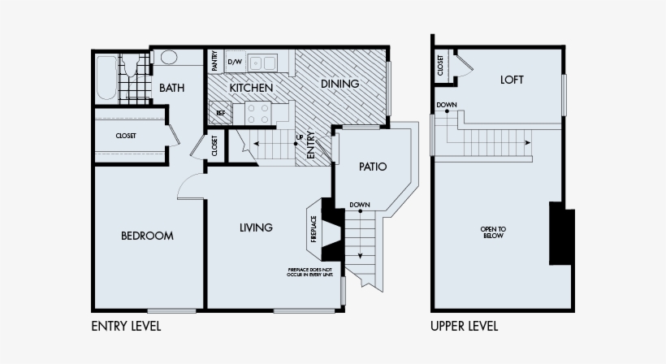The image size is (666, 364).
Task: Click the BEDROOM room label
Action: (x=147, y=236)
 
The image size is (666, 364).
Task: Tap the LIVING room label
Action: (x=256, y=227)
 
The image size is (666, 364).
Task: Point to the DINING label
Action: (x=339, y=84)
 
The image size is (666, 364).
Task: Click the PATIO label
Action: (x=373, y=167)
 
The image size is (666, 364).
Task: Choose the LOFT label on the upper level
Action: (x=512, y=80)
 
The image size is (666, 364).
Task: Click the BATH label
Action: (x=171, y=88)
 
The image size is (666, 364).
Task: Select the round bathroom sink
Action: (x=169, y=57)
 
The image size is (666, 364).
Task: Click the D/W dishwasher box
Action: (x=235, y=62)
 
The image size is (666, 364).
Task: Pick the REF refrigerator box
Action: (x=219, y=113)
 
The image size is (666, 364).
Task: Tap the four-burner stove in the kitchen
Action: (x=258, y=113)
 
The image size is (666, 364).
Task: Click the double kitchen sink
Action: (x=262, y=62)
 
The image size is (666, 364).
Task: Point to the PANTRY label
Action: (x=215, y=61)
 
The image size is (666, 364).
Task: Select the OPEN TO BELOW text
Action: (x=493, y=232)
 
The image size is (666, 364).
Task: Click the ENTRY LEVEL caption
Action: (x=126, y=327)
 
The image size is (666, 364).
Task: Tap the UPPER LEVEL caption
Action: (x=464, y=327)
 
